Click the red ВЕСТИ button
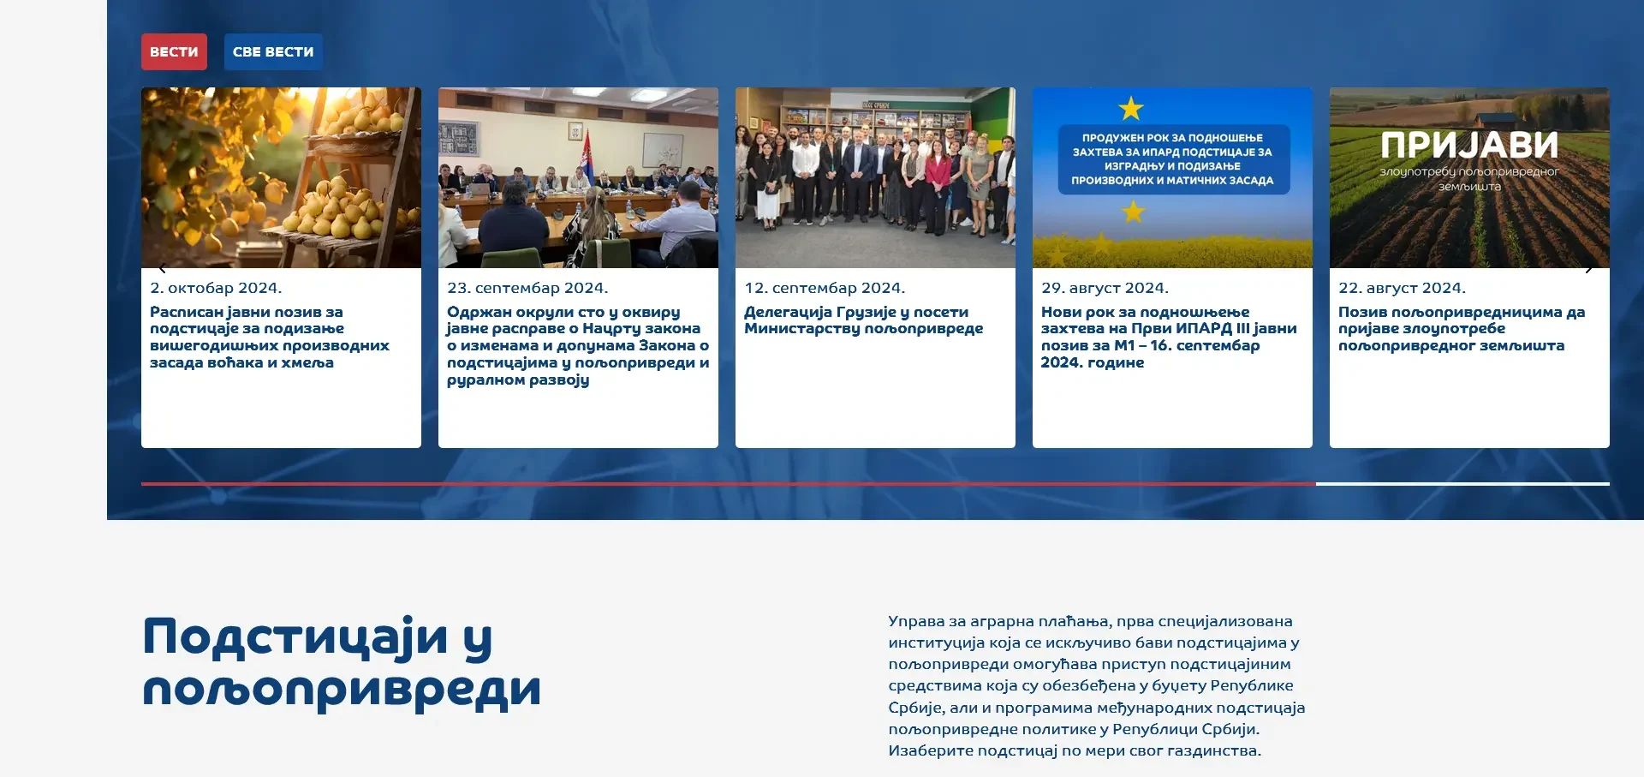(174, 51)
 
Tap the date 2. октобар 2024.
(216, 289)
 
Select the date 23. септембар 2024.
(527, 289)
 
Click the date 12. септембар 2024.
(825, 289)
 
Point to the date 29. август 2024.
(1105, 289)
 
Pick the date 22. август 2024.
(1402, 289)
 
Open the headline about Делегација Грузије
(863, 320)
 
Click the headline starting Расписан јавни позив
(270, 338)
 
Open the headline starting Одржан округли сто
(578, 346)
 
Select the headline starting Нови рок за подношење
(1169, 338)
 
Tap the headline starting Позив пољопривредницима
(1462, 329)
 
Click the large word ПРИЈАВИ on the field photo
(1469, 146)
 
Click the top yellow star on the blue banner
(1131, 109)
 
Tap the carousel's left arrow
(163, 268)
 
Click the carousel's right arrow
(1588, 268)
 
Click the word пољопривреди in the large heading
(342, 690)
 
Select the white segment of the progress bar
(1462, 484)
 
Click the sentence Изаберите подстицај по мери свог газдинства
(1075, 751)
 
